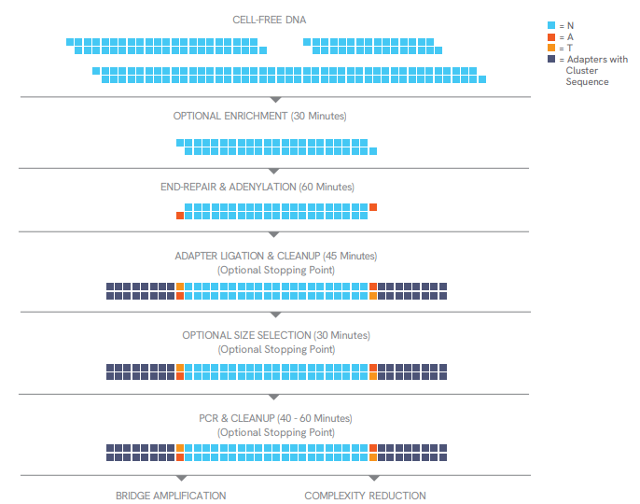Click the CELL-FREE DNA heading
tap(269, 20)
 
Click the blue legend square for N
tap(551, 25)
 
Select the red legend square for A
tap(551, 36)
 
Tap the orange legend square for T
tap(551, 48)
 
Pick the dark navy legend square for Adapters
tap(551, 59)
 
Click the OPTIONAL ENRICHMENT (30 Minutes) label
tap(259, 116)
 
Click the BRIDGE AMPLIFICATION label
tap(171, 496)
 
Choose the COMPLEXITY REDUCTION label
tap(365, 496)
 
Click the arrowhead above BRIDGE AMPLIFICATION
tap(182, 478)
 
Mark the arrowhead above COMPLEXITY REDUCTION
tap(374, 478)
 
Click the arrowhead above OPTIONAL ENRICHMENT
tap(276, 100)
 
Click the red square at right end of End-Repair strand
tap(373, 207)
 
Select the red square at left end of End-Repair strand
tap(180, 216)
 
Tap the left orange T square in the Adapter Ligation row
tap(180, 287)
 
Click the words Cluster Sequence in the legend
tap(587, 76)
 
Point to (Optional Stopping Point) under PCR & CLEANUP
tap(276, 432)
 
